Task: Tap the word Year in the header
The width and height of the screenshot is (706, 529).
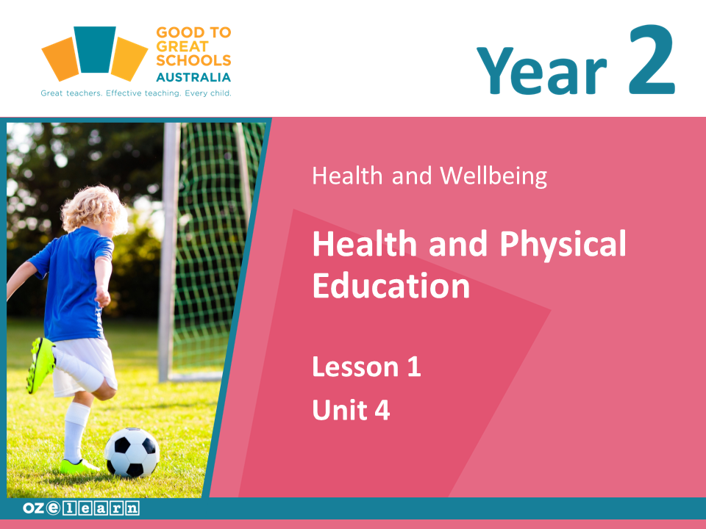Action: [542, 71]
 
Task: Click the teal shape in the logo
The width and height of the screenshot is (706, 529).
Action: [95, 49]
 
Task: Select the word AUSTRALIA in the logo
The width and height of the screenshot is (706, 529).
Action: [193, 77]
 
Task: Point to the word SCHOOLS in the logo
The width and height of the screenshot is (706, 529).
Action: [193, 60]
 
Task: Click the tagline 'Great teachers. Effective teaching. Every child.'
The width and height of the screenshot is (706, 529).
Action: [136, 93]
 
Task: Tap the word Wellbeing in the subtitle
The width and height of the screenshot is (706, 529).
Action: [493, 176]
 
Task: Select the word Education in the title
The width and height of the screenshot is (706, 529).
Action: [391, 285]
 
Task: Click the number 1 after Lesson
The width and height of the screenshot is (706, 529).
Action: [414, 367]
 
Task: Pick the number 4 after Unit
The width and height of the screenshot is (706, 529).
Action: [382, 410]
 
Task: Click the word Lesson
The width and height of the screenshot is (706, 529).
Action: [356, 367]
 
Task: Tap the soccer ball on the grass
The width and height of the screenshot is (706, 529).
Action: [132, 452]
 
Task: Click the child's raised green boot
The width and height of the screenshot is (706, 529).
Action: [40, 364]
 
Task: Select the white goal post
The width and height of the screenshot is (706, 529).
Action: [169, 252]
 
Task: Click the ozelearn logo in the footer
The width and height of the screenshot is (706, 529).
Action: [81, 508]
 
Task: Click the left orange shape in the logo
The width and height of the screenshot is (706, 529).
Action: [61, 59]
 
